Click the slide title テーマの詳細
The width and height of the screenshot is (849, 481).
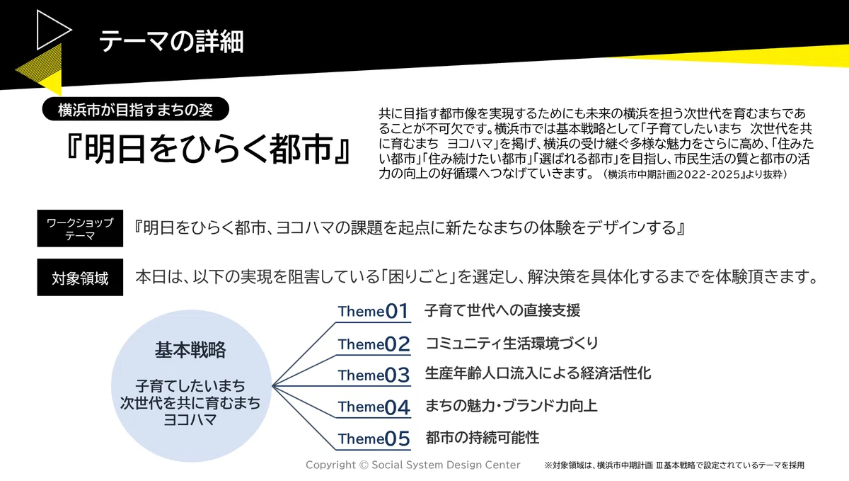coord(171,41)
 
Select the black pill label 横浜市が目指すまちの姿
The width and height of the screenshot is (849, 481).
coord(135,109)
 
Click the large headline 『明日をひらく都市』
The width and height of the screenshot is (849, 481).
coord(208,149)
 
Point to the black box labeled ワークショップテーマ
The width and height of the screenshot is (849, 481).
coord(80,228)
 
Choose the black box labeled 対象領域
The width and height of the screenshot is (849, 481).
coord(80,278)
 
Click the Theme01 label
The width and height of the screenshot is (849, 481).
coord(374,311)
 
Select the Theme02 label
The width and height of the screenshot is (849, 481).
coord(374,344)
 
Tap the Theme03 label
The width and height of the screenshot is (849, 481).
coord(374,375)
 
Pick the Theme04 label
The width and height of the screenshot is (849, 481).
coord(374,407)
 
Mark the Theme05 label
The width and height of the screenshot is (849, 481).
coord(374,438)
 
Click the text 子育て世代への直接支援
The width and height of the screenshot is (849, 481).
coord(502,310)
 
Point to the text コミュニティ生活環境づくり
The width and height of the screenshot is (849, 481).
coord(512,343)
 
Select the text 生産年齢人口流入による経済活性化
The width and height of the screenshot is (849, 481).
coord(538,373)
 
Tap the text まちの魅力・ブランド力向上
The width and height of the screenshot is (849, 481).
coord(511,406)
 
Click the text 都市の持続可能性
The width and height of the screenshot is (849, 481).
coord(482,438)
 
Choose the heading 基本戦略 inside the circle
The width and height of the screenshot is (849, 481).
coord(190,350)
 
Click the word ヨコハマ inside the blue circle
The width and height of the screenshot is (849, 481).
coord(190,420)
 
